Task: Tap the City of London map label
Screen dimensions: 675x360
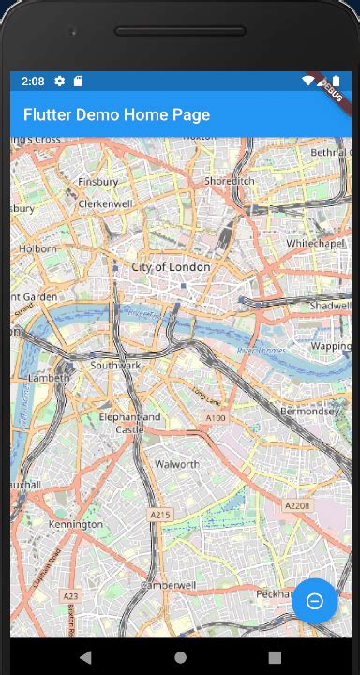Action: (171, 267)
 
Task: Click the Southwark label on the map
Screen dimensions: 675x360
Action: (114, 365)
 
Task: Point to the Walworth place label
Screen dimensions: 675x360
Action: (176, 464)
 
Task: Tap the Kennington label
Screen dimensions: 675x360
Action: (75, 524)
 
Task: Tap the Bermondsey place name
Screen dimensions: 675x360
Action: (313, 411)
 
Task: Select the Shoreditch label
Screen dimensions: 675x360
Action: (229, 181)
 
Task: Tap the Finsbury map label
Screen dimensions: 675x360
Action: (98, 181)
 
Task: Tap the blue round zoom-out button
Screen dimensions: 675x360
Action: (315, 601)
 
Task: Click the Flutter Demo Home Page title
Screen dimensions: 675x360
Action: (116, 114)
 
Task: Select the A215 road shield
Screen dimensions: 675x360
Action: (161, 515)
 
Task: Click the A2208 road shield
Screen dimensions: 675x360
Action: (298, 505)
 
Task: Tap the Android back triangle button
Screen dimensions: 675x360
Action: (85, 656)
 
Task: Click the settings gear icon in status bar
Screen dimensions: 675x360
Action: (59, 82)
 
